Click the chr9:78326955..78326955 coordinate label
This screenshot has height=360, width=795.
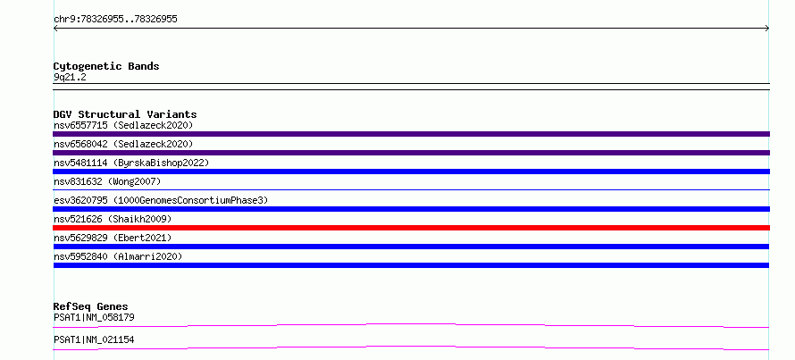115,20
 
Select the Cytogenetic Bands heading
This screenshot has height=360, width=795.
106,66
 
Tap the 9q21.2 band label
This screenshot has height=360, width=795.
70,77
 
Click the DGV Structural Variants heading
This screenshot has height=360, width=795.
125,114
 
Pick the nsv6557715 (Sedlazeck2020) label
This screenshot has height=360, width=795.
123,125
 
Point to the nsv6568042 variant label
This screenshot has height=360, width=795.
123,144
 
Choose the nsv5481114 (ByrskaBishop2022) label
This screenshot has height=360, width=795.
131,163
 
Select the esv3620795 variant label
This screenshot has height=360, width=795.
161,200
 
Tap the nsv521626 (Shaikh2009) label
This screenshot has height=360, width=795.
113,219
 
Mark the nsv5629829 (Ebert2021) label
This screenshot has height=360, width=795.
113,238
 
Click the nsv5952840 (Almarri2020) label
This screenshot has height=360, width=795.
118,256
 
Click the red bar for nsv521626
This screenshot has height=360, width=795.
411,228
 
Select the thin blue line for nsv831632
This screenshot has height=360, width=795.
411,189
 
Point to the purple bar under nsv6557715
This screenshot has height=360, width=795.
411,134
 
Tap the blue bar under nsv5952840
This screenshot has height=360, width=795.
411,265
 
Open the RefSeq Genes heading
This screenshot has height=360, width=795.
91,306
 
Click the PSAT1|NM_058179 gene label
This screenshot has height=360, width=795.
94,317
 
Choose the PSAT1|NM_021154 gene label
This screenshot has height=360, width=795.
94,339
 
